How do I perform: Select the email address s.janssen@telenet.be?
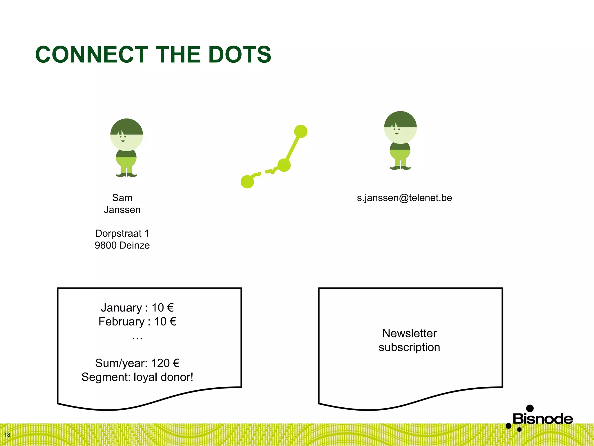click(404, 198)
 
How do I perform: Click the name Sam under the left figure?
click(122, 198)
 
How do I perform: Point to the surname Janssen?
click(122, 210)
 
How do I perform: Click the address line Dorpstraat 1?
click(122, 233)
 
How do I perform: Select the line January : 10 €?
click(137, 308)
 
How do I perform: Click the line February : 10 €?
click(137, 322)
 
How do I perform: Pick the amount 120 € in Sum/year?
click(165, 363)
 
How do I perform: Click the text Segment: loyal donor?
click(137, 377)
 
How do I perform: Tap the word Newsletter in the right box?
click(409, 333)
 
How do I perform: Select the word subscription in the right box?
click(409, 347)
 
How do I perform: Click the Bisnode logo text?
click(543, 419)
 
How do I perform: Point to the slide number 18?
click(7, 435)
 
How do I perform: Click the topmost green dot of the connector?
click(301, 132)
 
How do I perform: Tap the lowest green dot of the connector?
click(247, 182)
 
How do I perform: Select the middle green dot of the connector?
click(284, 165)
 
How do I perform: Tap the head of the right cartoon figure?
click(400, 127)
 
